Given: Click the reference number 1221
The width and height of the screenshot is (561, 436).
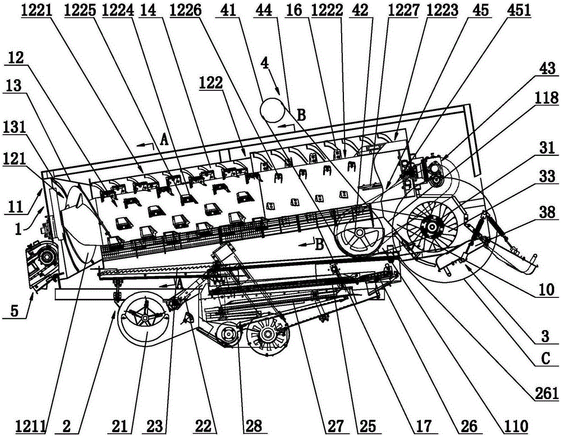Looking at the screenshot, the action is (x=36, y=11).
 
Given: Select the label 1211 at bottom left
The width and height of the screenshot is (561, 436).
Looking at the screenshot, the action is (x=31, y=426).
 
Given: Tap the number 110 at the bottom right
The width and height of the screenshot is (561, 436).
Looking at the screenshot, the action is (x=516, y=426).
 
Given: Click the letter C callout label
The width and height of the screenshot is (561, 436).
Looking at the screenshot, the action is (x=546, y=359).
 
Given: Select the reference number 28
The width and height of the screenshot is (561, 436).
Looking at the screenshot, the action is (x=253, y=426).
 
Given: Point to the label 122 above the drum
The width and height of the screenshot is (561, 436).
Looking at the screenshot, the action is (x=211, y=82).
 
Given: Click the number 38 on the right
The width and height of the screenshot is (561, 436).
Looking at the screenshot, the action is (x=547, y=213).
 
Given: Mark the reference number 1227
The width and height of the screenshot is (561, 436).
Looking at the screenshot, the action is (x=403, y=10).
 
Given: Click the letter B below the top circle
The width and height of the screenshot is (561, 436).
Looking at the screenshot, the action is (x=302, y=115).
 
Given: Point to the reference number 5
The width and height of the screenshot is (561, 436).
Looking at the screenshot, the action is (x=14, y=310).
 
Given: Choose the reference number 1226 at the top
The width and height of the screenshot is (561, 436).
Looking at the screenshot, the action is (x=185, y=10).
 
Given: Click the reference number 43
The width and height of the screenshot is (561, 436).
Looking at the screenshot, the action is (x=547, y=68).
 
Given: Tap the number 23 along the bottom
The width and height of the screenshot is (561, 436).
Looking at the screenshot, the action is (x=155, y=426).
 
